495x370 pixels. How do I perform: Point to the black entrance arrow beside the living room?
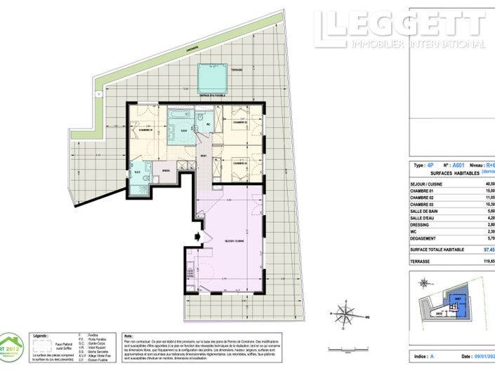(x=199, y=236)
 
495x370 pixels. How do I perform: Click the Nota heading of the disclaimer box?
(x=128, y=336)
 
